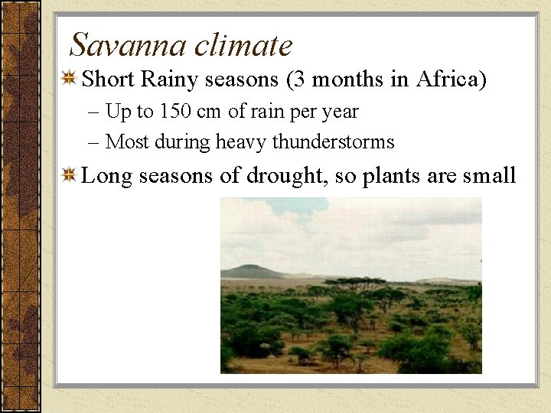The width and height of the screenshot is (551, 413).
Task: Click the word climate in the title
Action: (243, 45)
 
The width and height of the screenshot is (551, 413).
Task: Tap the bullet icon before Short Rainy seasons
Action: (69, 79)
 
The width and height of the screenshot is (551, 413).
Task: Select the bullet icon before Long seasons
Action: (69, 176)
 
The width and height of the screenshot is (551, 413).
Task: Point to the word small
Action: (490, 176)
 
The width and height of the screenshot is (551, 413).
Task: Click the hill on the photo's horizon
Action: (253, 271)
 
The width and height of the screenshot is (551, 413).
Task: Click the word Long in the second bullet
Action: (103, 176)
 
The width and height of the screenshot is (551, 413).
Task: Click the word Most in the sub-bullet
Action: (126, 142)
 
